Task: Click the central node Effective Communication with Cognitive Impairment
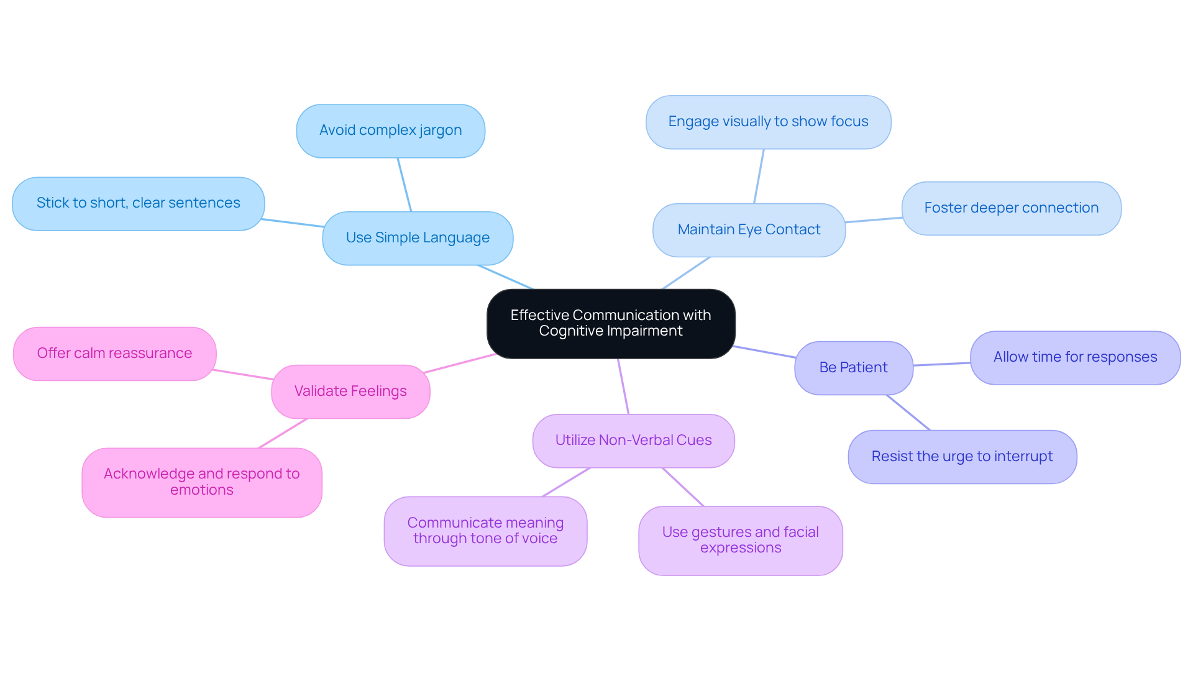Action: pyautogui.click(x=611, y=323)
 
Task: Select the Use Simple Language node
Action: pyautogui.click(x=418, y=238)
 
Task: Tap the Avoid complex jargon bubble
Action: pyautogui.click(x=390, y=130)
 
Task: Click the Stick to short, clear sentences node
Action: pyautogui.click(x=138, y=203)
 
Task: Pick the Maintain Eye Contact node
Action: pyautogui.click(x=749, y=230)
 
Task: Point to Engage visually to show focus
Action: pyautogui.click(x=768, y=122)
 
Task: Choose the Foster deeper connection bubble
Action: pyautogui.click(x=1011, y=208)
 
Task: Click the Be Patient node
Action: pyautogui.click(x=853, y=367)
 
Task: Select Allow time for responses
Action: pyautogui.click(x=1075, y=357)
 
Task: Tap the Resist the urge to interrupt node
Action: pyautogui.click(x=962, y=457)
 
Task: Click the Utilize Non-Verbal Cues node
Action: pyautogui.click(x=633, y=441)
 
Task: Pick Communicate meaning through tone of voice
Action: pyautogui.click(x=485, y=531)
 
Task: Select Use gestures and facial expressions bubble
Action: pyautogui.click(x=740, y=540)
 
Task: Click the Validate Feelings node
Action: pyautogui.click(x=350, y=391)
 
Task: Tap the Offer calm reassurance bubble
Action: pyautogui.click(x=114, y=354)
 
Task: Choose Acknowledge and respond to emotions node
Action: pyautogui.click(x=201, y=482)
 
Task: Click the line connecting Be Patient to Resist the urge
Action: pyautogui.click(x=908, y=413)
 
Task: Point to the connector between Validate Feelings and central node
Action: pyautogui.click(x=460, y=364)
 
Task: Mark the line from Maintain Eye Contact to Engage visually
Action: pyautogui.click(x=759, y=176)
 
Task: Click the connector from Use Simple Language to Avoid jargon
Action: pyautogui.click(x=405, y=185)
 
